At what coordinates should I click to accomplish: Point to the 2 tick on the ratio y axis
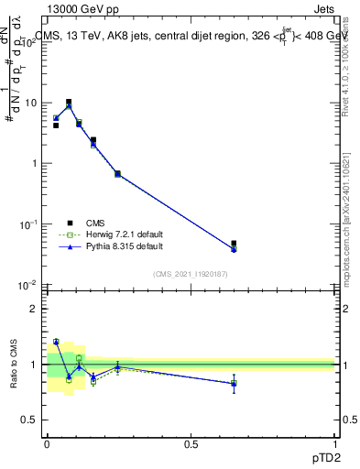(34, 309)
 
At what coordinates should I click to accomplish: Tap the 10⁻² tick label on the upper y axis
(29, 285)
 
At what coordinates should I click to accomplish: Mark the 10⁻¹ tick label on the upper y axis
(29, 224)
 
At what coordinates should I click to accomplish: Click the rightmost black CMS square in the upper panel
(234, 244)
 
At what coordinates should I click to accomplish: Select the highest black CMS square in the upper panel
(69, 102)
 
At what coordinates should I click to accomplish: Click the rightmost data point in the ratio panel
(234, 384)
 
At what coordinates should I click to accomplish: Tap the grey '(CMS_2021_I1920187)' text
(190, 273)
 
